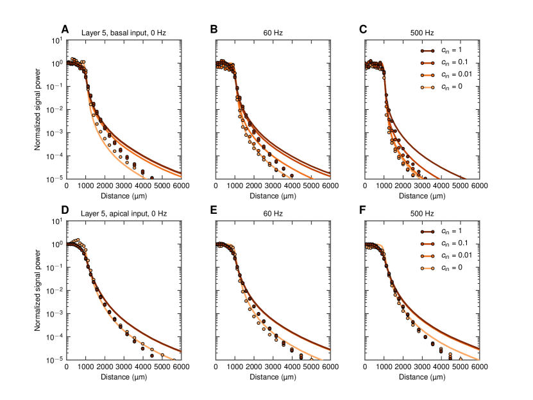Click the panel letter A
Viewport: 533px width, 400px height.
65,29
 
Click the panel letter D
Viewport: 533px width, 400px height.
65,210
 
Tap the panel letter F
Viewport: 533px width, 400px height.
364,210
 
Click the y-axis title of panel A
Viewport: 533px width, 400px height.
38,110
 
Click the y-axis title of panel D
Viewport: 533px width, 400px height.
38,291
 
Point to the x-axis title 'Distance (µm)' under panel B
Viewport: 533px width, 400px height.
272,196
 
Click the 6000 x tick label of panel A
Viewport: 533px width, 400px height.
181,186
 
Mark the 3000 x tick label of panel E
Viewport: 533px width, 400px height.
272,367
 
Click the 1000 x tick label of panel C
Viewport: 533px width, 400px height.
384,186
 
